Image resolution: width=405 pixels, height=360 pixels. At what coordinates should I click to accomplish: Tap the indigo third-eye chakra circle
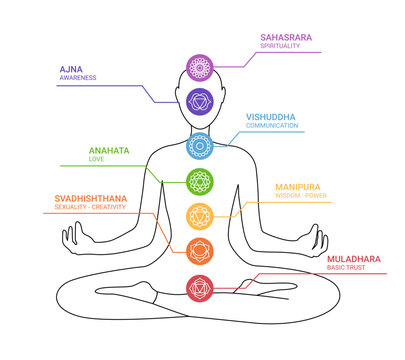pyautogui.click(x=200, y=101)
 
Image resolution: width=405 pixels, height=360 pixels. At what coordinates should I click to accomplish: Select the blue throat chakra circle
pyautogui.click(x=200, y=146)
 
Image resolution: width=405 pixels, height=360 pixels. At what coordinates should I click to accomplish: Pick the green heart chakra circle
pyautogui.click(x=200, y=181)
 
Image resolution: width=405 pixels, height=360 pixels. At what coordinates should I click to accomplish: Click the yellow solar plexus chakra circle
pyautogui.click(x=200, y=214)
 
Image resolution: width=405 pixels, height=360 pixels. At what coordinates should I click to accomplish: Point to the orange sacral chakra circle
pyautogui.click(x=200, y=249)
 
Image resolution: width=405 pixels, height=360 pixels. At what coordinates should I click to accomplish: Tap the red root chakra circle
pyautogui.click(x=200, y=288)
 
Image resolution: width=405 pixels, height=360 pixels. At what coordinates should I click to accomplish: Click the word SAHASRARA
pyautogui.click(x=286, y=38)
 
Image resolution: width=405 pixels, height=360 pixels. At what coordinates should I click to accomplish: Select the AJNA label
pyautogui.click(x=73, y=68)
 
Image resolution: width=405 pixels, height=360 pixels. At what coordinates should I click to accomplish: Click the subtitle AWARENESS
pyautogui.click(x=78, y=78)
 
